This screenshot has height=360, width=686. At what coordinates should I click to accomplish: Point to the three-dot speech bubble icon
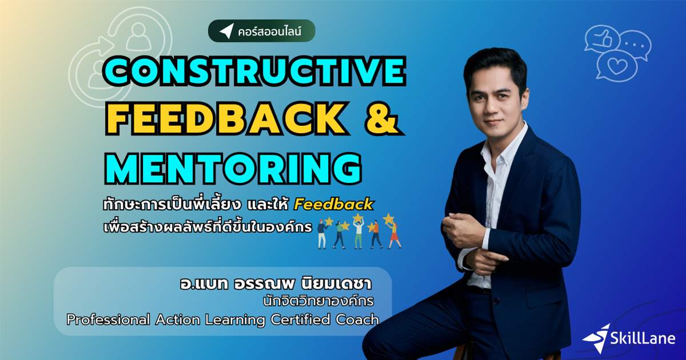635,43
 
